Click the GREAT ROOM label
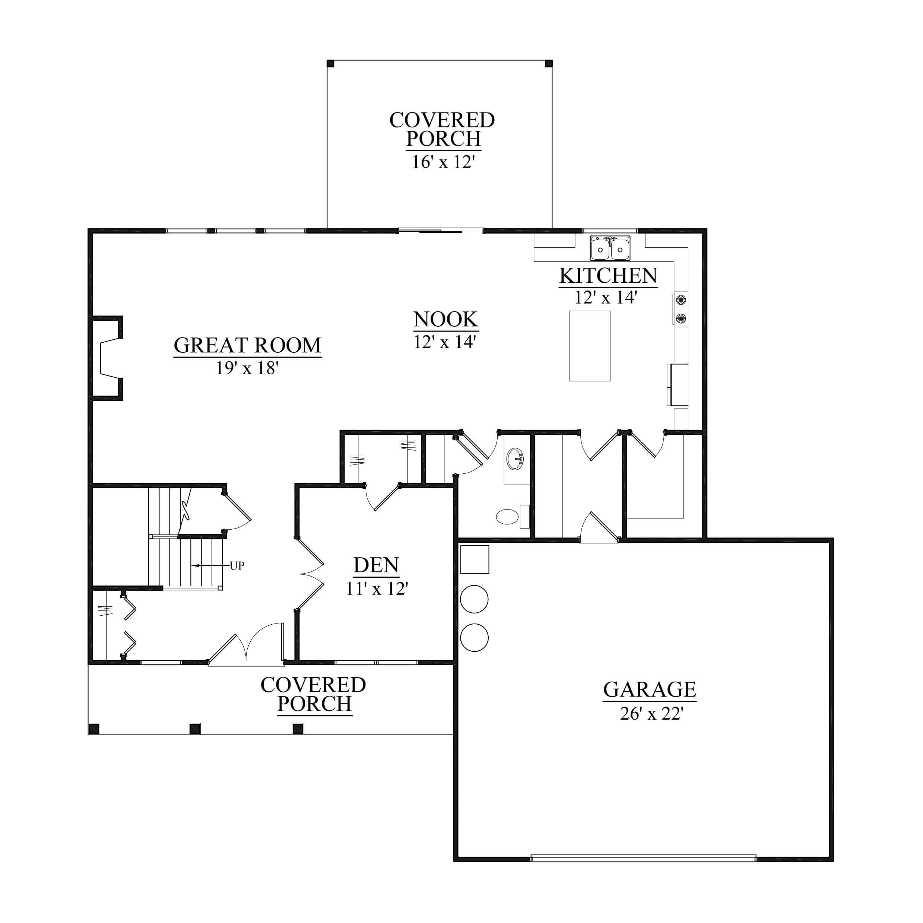[247, 345]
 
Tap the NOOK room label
[446, 319]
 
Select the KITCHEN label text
[608, 276]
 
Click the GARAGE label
[650, 689]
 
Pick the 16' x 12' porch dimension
[443, 162]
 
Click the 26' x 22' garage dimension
[651, 713]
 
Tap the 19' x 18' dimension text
[247, 368]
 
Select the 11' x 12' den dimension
[377, 589]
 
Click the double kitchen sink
[610, 248]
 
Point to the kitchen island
[590, 346]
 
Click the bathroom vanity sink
[515, 459]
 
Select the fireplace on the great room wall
[106, 358]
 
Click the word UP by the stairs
[237, 566]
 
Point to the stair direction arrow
[211, 566]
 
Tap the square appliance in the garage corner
[475, 559]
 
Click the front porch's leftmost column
[94, 729]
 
